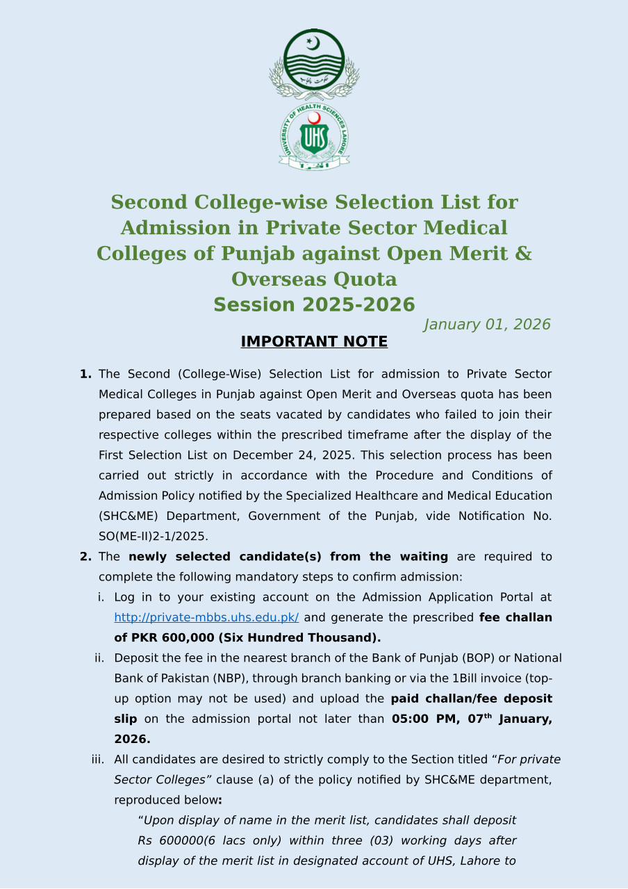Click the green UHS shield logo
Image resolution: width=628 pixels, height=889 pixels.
click(314, 137)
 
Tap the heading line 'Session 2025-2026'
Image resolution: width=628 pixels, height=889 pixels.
click(314, 305)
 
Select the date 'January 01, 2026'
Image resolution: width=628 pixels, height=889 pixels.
click(487, 325)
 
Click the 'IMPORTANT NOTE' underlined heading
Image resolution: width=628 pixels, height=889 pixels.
click(314, 342)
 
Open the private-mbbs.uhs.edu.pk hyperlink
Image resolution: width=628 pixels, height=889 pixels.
click(206, 617)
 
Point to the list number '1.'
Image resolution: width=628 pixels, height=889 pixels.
click(85, 375)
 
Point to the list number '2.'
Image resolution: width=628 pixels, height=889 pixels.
click(85, 557)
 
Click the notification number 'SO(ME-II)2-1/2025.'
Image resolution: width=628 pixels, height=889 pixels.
click(154, 537)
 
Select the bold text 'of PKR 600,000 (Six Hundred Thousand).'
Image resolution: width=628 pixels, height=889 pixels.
click(247, 638)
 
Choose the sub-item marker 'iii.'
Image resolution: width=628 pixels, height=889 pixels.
click(98, 760)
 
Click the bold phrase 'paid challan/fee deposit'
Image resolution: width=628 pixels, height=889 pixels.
click(472, 699)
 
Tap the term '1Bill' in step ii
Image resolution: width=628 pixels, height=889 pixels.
click(467, 678)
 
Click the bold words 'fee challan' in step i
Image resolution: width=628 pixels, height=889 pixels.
click(515, 617)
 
